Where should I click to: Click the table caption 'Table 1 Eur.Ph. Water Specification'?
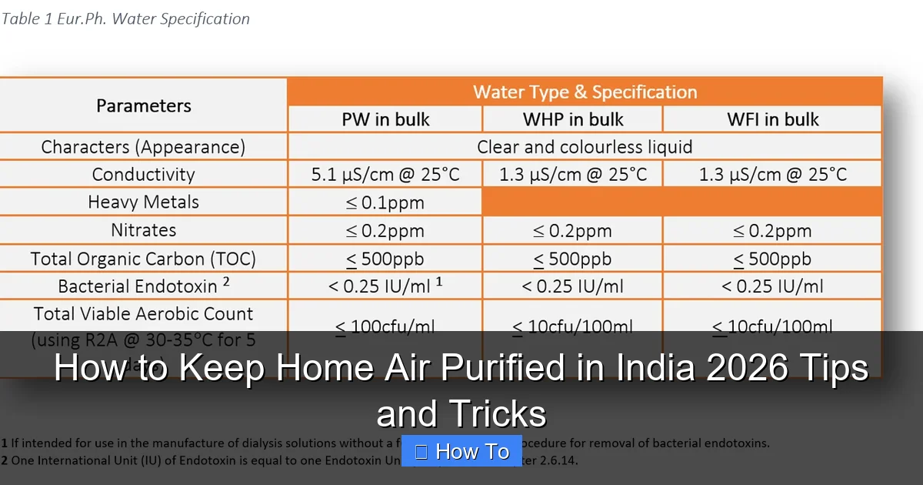(x=125, y=18)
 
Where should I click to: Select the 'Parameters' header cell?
(x=144, y=105)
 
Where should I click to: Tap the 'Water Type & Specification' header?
(x=585, y=92)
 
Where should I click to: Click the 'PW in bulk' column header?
(x=385, y=119)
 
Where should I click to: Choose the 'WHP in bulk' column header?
(x=573, y=119)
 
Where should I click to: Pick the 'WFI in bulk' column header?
(x=772, y=119)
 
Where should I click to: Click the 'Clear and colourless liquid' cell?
(x=585, y=146)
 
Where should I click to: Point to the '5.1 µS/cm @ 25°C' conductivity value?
(x=385, y=174)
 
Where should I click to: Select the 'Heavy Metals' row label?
(x=144, y=202)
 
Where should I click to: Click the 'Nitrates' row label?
(x=144, y=229)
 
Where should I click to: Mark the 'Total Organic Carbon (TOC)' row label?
(x=144, y=258)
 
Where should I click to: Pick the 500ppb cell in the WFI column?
(x=772, y=259)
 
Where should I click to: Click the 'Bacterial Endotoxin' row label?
(x=144, y=286)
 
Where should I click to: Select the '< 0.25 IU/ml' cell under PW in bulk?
(x=385, y=286)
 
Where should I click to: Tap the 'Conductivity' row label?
(x=144, y=174)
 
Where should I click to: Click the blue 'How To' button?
(x=461, y=451)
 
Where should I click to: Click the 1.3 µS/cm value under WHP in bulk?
(x=573, y=174)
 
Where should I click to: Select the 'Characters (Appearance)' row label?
(x=144, y=146)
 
